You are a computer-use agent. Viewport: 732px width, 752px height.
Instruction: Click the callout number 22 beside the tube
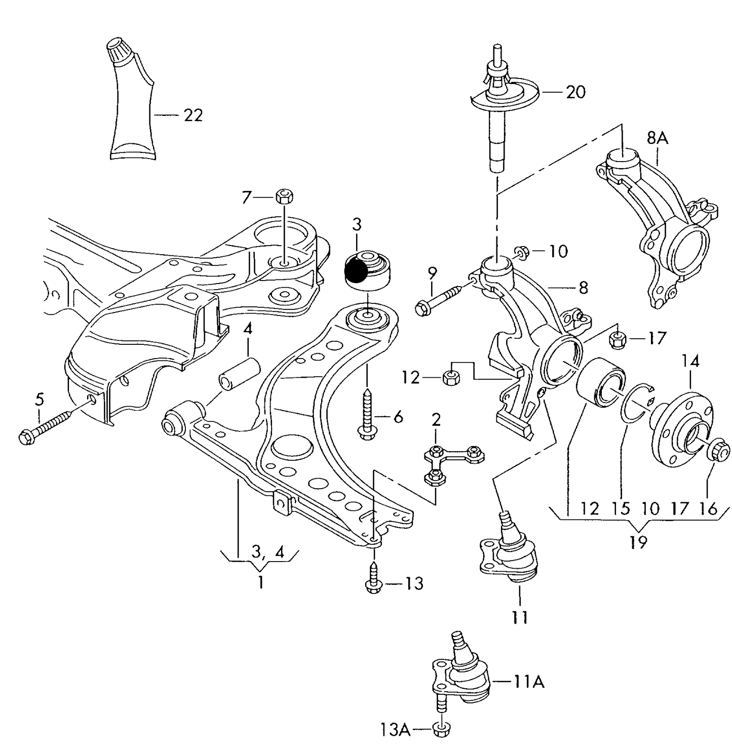[193, 115]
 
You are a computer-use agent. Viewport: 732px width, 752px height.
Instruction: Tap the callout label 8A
[658, 138]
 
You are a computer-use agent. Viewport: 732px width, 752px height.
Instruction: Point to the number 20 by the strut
[575, 92]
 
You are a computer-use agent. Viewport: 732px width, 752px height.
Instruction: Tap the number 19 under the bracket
[638, 542]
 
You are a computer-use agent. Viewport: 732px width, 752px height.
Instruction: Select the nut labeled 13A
[442, 729]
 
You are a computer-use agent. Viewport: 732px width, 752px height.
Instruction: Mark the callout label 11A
[529, 682]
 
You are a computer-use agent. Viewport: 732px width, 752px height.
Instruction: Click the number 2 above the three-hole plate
[436, 419]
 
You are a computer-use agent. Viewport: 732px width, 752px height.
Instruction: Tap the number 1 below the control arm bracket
[260, 582]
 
